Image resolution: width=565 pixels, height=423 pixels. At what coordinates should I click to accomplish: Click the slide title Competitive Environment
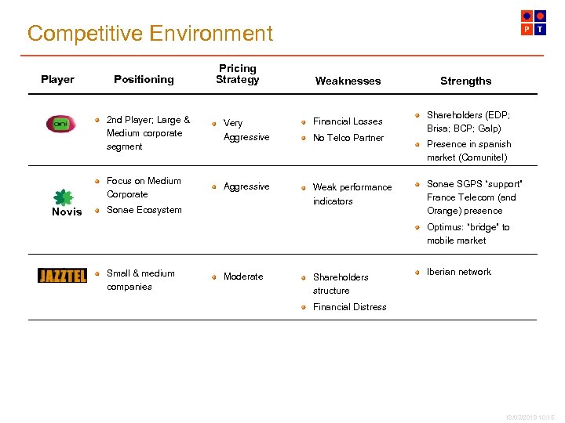(150, 34)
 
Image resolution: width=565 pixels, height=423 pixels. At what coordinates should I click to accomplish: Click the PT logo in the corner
(534, 22)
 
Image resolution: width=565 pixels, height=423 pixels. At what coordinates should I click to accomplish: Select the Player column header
(57, 79)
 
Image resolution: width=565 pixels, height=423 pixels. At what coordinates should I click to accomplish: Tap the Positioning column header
(144, 79)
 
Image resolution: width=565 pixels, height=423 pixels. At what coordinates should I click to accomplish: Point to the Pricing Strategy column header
(237, 74)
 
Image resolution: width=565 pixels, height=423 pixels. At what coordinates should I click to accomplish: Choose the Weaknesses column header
(348, 81)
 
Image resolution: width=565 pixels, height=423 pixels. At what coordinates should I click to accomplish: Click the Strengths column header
(465, 81)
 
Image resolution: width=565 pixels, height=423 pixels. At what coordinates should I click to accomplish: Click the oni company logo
(60, 124)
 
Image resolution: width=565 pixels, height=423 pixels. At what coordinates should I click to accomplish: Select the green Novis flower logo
(63, 197)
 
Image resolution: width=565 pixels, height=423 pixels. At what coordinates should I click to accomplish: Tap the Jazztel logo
(62, 276)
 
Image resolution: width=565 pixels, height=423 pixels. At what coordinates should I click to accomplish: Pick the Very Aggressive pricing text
(246, 130)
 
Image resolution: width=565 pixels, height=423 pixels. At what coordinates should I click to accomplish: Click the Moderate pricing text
(243, 277)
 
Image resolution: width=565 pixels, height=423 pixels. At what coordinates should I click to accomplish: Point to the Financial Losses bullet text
(348, 121)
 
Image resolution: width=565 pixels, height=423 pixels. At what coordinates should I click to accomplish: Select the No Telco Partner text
(348, 138)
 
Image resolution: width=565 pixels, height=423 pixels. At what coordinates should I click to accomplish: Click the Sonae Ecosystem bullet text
(144, 210)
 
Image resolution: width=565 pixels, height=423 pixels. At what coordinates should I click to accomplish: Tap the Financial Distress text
(349, 307)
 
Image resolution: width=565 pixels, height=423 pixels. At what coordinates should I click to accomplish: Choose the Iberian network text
(458, 272)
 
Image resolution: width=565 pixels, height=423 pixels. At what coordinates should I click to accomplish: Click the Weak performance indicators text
(352, 194)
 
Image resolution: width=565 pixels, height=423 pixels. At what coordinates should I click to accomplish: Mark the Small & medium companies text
(140, 280)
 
